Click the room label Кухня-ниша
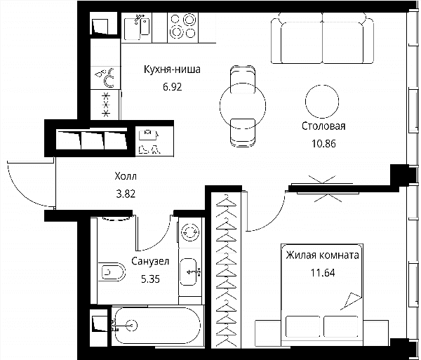(172, 69)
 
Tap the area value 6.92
(173, 87)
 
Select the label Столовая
(323, 126)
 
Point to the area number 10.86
(323, 144)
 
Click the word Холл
(126, 176)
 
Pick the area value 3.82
(126, 194)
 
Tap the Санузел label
(150, 261)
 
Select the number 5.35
(150, 279)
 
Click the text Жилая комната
(323, 255)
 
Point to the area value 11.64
(323, 273)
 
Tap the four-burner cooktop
(183, 27)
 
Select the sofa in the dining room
(322, 38)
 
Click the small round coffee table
(322, 102)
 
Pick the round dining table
(243, 105)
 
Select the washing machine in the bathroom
(190, 232)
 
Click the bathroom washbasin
(189, 272)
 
